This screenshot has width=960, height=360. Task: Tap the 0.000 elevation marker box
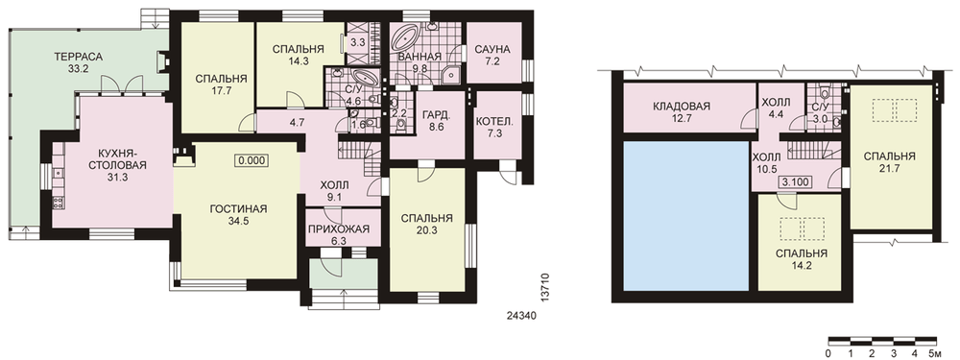(x=251, y=160)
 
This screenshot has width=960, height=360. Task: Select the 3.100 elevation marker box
(x=795, y=182)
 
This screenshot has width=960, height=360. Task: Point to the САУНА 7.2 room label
(x=492, y=55)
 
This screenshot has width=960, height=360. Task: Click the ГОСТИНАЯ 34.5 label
(x=239, y=215)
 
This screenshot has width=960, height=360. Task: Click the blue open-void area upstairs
(x=686, y=215)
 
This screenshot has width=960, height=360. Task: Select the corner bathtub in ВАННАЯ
(x=406, y=39)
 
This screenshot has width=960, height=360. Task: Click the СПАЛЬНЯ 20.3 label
(x=427, y=224)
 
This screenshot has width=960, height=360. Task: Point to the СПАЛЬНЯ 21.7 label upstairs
(x=890, y=162)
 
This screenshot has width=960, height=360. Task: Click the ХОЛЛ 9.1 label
(x=334, y=191)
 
